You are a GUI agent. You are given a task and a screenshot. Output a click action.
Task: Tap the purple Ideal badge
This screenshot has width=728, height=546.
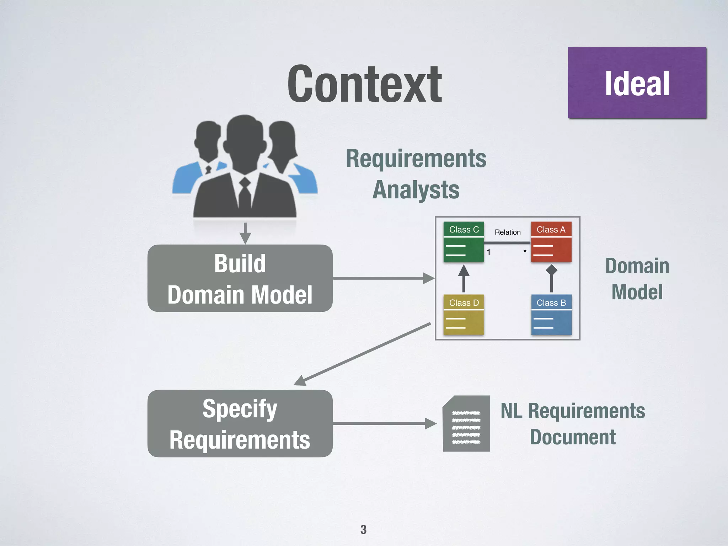pos(637,83)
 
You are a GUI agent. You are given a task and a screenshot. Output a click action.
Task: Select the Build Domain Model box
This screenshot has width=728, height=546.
pos(240,278)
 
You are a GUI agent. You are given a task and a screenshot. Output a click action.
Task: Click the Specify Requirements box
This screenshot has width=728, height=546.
pos(240,423)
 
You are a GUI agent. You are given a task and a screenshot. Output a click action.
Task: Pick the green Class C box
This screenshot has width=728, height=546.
pos(464,242)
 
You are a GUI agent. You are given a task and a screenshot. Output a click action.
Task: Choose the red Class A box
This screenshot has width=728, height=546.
pos(551,242)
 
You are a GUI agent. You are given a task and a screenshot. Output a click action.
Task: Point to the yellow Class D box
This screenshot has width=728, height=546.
pos(464,315)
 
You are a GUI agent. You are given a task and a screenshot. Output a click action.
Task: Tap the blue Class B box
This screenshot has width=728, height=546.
pos(551,315)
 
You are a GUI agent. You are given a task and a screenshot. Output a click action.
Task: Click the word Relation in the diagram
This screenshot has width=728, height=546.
pos(508,232)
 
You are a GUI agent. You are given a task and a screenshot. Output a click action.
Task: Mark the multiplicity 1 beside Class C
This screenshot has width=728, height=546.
pos(489,252)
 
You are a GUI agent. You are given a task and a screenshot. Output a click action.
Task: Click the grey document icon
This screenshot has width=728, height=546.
pos(466,424)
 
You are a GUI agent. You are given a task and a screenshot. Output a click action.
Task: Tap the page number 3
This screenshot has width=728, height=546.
pos(363,530)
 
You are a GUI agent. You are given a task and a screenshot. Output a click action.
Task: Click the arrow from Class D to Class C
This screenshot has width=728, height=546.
pos(464,279)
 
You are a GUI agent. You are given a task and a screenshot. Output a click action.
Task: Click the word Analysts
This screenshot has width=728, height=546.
pos(416,189)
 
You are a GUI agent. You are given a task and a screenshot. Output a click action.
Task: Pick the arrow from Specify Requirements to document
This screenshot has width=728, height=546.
pos(384,423)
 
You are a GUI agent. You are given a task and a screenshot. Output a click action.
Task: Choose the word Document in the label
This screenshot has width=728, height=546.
pos(573,437)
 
